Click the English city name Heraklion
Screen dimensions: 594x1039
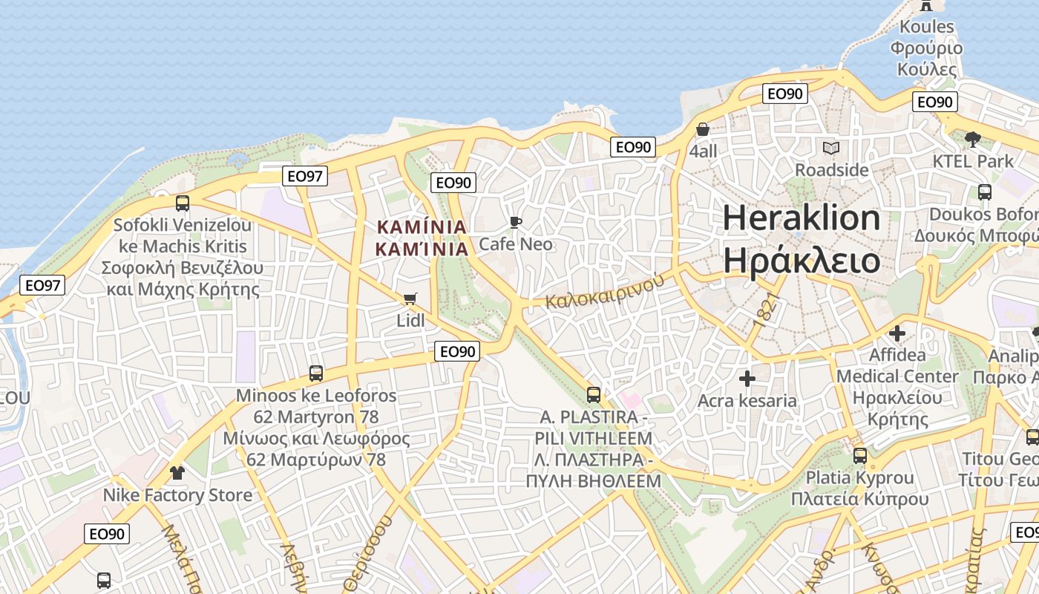802,218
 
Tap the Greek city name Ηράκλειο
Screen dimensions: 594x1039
802,261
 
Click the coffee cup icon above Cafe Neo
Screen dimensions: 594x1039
516,222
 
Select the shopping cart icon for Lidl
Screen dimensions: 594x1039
410,298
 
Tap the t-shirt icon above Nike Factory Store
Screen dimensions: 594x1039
177,472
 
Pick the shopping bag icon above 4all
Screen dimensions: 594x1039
703,129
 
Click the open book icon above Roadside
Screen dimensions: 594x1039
831,148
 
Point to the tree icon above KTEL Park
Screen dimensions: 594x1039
973,139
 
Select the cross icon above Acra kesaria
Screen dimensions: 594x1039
747,379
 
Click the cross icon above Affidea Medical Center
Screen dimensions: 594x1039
897,333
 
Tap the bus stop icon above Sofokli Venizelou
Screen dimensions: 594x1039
182,203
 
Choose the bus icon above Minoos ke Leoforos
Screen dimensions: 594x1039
316,373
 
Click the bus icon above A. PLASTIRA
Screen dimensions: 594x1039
593,394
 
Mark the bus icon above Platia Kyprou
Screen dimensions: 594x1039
859,455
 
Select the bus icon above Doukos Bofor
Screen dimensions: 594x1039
985,192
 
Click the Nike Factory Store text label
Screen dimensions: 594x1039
177,495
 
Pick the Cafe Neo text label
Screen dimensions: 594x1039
516,244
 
